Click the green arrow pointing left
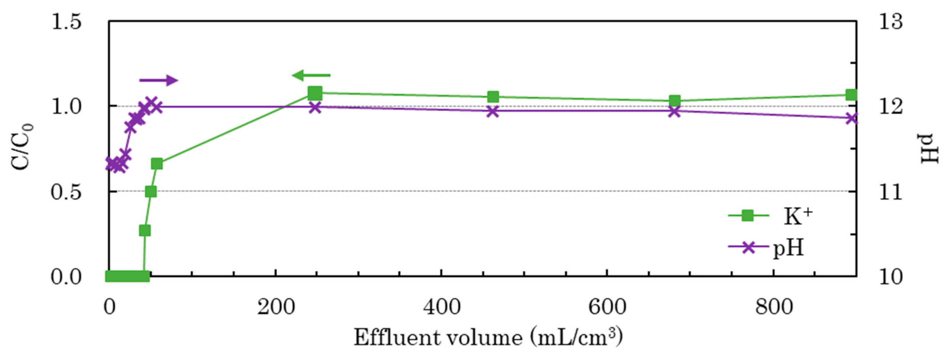311,76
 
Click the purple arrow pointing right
159,80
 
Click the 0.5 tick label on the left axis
66,192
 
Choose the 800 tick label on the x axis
774,307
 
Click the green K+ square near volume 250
315,93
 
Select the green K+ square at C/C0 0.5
151,192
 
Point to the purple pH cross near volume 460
493,111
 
